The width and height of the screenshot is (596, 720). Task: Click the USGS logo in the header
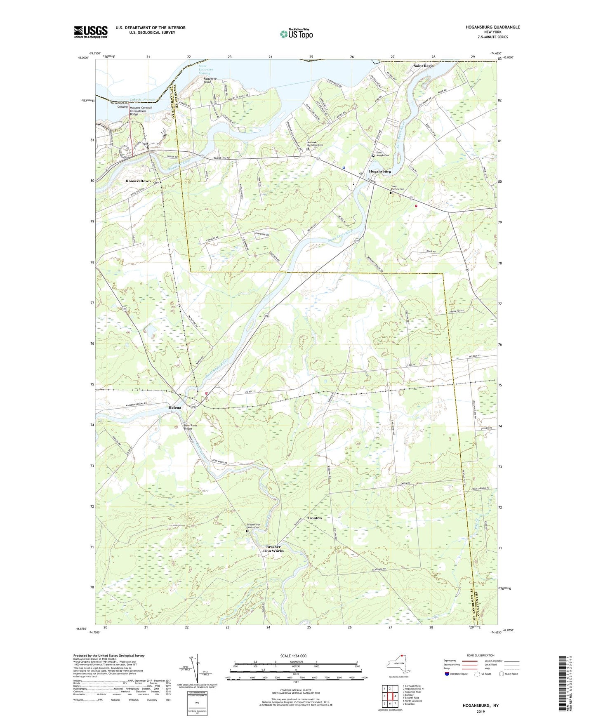[91, 32]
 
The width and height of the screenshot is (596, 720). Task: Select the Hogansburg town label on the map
[380, 171]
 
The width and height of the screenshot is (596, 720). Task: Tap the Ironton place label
[315, 518]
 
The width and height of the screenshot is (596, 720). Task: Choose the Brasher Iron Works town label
[273, 549]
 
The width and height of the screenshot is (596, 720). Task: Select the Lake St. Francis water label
[142, 100]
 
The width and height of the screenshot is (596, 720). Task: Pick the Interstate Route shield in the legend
[448, 674]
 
